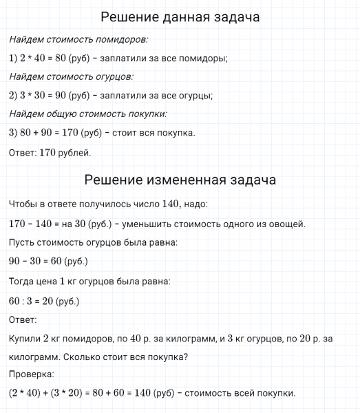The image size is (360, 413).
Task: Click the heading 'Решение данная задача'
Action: tap(180, 17)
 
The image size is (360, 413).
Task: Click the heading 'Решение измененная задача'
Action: tap(180, 180)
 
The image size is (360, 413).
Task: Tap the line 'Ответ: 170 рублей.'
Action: tap(50, 152)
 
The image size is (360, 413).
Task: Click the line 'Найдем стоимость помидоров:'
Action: tap(78, 40)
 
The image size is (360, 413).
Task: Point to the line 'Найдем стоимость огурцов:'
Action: tap(72, 77)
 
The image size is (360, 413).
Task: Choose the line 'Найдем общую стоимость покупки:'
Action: tap(88, 114)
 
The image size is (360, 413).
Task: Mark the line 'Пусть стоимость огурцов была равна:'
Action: tap(93, 243)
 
